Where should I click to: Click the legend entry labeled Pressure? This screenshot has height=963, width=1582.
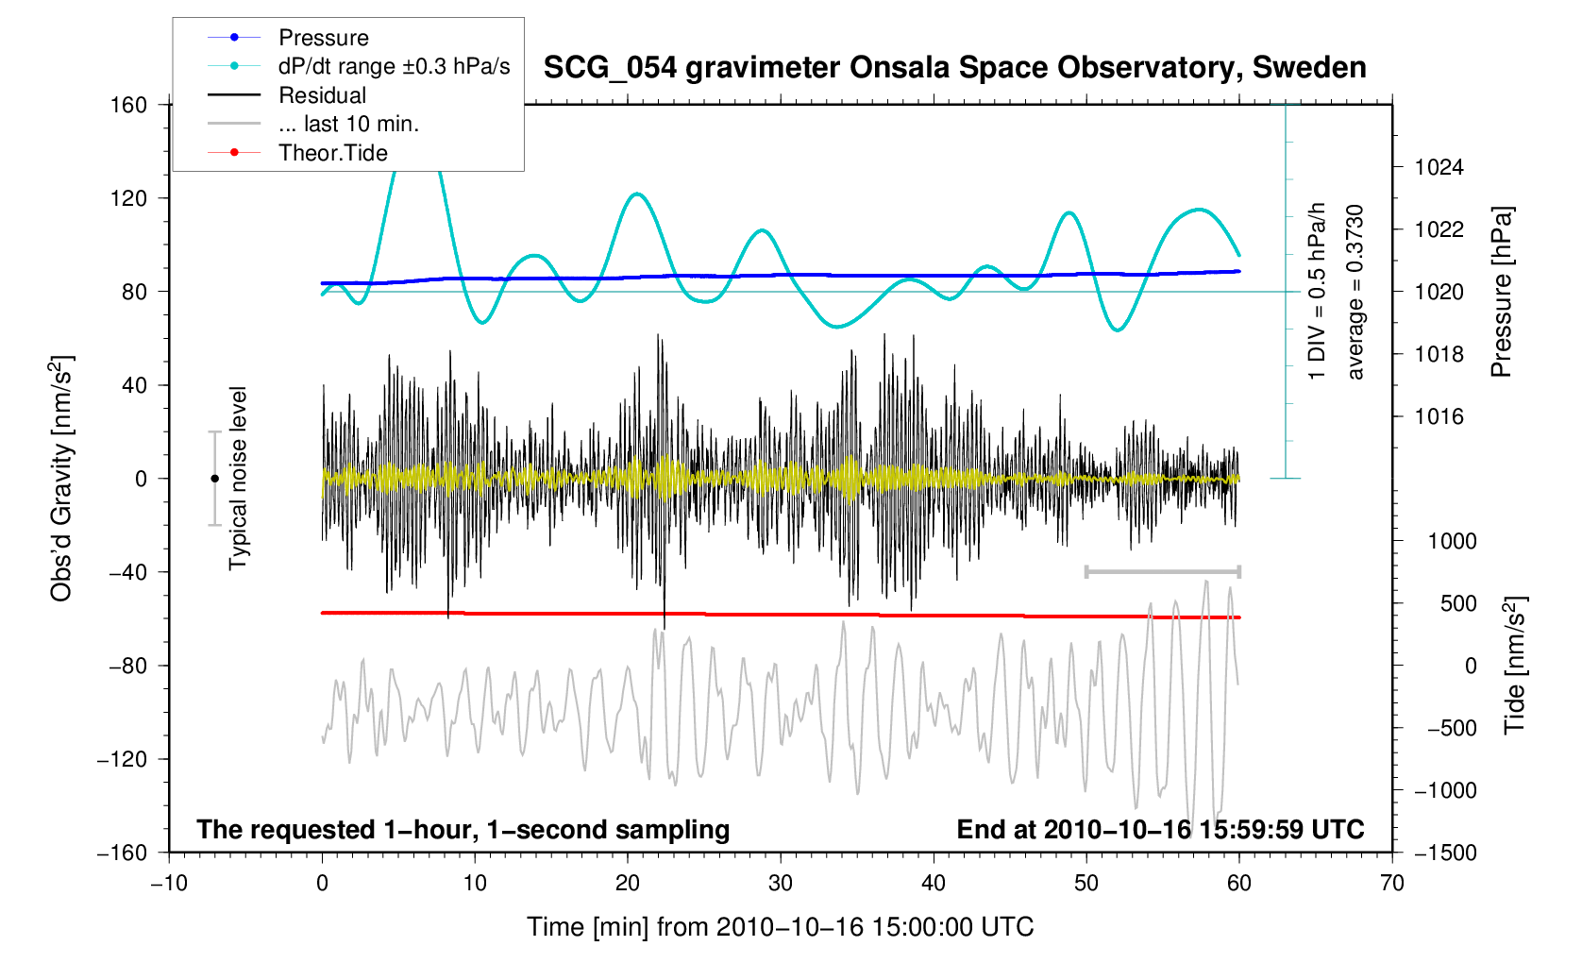323,38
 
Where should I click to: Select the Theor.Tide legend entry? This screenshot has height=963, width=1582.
332,153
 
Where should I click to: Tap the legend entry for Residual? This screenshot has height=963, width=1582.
322,95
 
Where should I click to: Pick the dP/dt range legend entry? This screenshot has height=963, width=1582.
394,66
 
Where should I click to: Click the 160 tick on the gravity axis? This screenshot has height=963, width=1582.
128,105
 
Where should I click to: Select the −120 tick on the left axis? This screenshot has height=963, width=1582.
122,759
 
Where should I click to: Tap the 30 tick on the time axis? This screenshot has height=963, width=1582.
781,884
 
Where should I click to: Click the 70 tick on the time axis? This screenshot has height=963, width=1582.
1391,884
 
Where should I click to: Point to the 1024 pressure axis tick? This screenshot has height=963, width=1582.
1439,168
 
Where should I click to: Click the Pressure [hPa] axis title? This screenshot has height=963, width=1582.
1501,293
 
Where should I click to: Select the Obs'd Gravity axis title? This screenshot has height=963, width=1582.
62,479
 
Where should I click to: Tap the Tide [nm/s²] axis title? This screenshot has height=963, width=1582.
1514,665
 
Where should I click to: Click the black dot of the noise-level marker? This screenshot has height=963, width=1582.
214,479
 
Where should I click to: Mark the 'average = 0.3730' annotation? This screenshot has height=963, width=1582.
1355,293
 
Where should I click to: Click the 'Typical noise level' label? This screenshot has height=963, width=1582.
238,479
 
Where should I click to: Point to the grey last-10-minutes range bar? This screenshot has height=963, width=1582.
1162,571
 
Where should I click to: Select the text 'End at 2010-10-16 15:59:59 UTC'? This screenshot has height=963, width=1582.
1160,830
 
